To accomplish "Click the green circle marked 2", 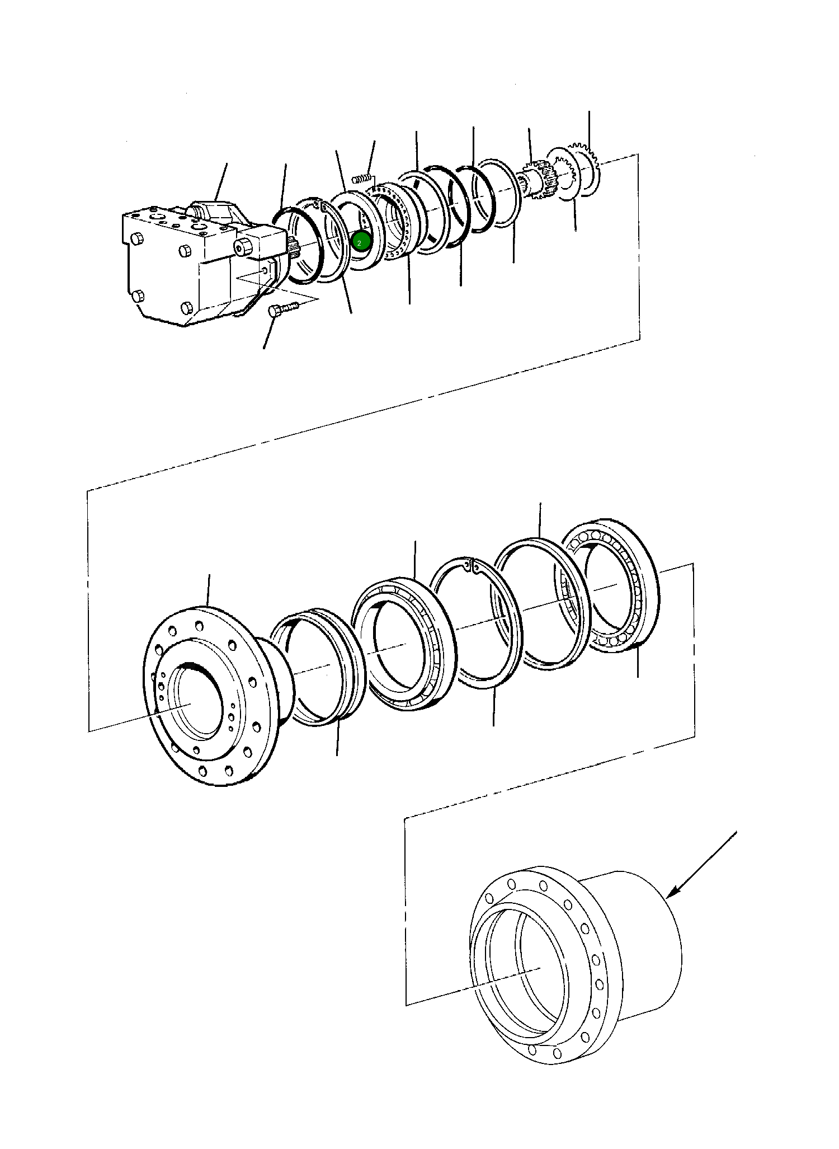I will tap(361, 242).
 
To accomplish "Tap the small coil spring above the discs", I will tap(362, 179).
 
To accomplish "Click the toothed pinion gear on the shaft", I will tap(539, 179).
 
